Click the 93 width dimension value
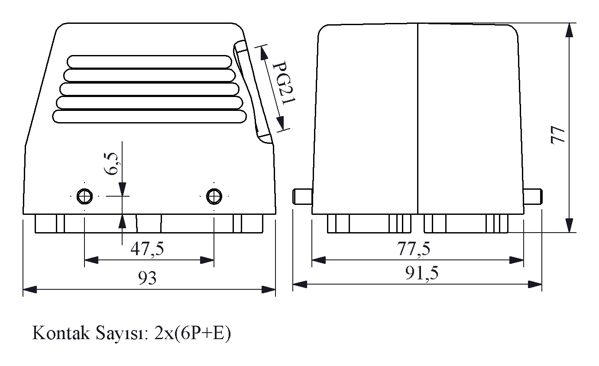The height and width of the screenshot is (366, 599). tap(147, 278)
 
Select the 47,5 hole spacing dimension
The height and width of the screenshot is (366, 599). tap(147, 249)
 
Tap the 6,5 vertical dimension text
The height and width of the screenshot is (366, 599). tap(111, 164)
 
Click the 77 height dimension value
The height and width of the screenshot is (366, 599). tap(558, 135)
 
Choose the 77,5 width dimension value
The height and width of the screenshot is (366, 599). tap(414, 249)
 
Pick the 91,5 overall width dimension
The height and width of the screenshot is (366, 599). tap(422, 273)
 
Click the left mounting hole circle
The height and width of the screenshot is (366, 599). tap(84, 196)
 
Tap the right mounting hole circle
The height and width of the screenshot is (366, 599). tap(214, 196)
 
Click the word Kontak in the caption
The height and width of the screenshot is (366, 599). tap(61, 333)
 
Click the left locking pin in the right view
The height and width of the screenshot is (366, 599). tap(302, 197)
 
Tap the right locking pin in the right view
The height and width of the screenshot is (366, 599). tap(533, 197)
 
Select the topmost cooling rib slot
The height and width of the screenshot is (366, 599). tap(149, 62)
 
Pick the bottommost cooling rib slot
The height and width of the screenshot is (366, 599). tap(149, 117)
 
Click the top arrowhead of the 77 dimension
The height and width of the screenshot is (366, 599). tap(569, 30)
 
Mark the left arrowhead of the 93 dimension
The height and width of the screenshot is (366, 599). tap(30, 289)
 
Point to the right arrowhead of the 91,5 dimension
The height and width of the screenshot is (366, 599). tap(535, 284)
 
